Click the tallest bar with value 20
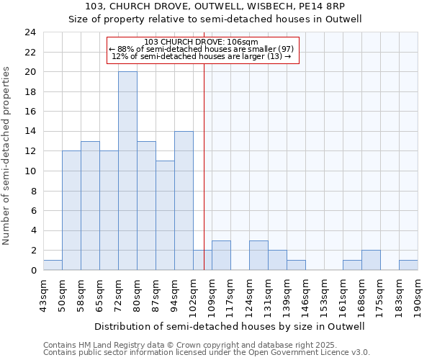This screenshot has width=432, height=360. (x=127, y=171)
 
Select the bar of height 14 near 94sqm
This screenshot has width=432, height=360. (x=184, y=201)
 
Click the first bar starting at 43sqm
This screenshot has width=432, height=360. (x=53, y=265)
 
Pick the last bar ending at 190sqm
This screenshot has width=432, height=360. (x=408, y=265)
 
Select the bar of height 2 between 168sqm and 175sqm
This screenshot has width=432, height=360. (x=371, y=260)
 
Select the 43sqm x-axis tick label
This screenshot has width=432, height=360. (x=43, y=291)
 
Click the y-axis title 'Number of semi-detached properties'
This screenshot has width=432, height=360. (x=7, y=156)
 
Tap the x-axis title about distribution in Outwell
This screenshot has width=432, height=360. (x=230, y=326)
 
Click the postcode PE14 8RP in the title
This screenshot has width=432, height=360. (x=323, y=7)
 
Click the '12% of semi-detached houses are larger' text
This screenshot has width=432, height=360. (x=202, y=56)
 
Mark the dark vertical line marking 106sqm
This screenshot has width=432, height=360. (x=204, y=166)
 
